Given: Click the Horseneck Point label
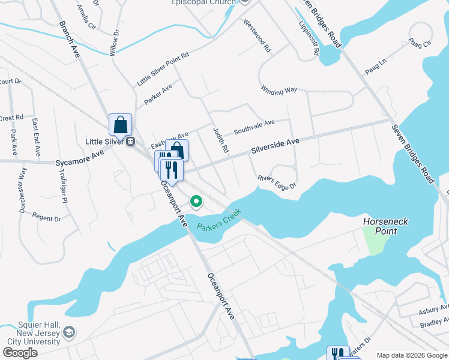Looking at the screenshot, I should pos(385,226).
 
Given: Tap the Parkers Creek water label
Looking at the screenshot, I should pos(218,219).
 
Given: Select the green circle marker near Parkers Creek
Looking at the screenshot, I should pos(196,202).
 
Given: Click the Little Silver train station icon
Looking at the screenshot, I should pos(130,142).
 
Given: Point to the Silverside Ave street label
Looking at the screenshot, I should pos(275,145).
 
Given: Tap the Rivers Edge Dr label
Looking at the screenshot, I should pos(277,182).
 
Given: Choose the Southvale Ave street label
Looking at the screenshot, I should pos(254,127).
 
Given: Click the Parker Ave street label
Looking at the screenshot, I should pos(158,95).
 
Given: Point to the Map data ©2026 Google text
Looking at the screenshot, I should pos(411,355).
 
